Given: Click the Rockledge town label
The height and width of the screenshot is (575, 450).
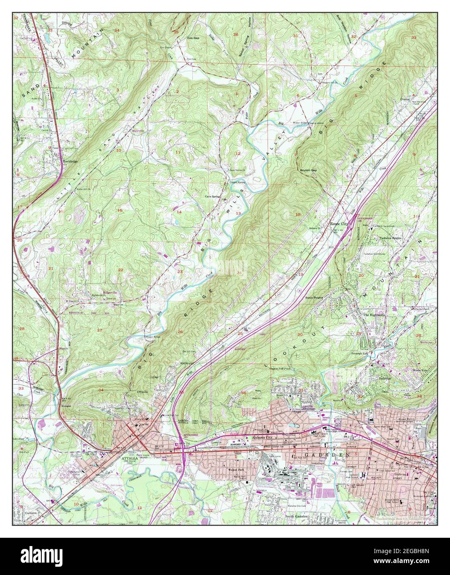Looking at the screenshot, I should tap(70, 158).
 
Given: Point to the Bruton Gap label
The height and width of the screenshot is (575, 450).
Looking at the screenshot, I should tap(308, 170).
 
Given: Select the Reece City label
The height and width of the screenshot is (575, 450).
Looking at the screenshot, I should tap(339, 223).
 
